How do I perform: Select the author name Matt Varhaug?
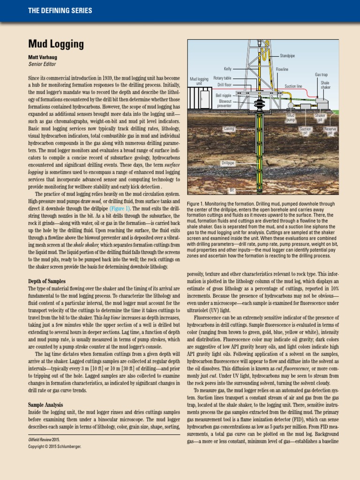[x=44, y=58]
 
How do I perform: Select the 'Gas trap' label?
[x=321, y=75]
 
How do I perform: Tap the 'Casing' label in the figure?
[x=228, y=128]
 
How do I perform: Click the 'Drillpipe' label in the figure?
[x=228, y=163]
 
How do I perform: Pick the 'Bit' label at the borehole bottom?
[x=232, y=190]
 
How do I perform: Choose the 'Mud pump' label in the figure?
[x=291, y=117]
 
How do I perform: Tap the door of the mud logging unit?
[x=202, y=100]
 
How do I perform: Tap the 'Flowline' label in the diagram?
[x=282, y=69]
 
